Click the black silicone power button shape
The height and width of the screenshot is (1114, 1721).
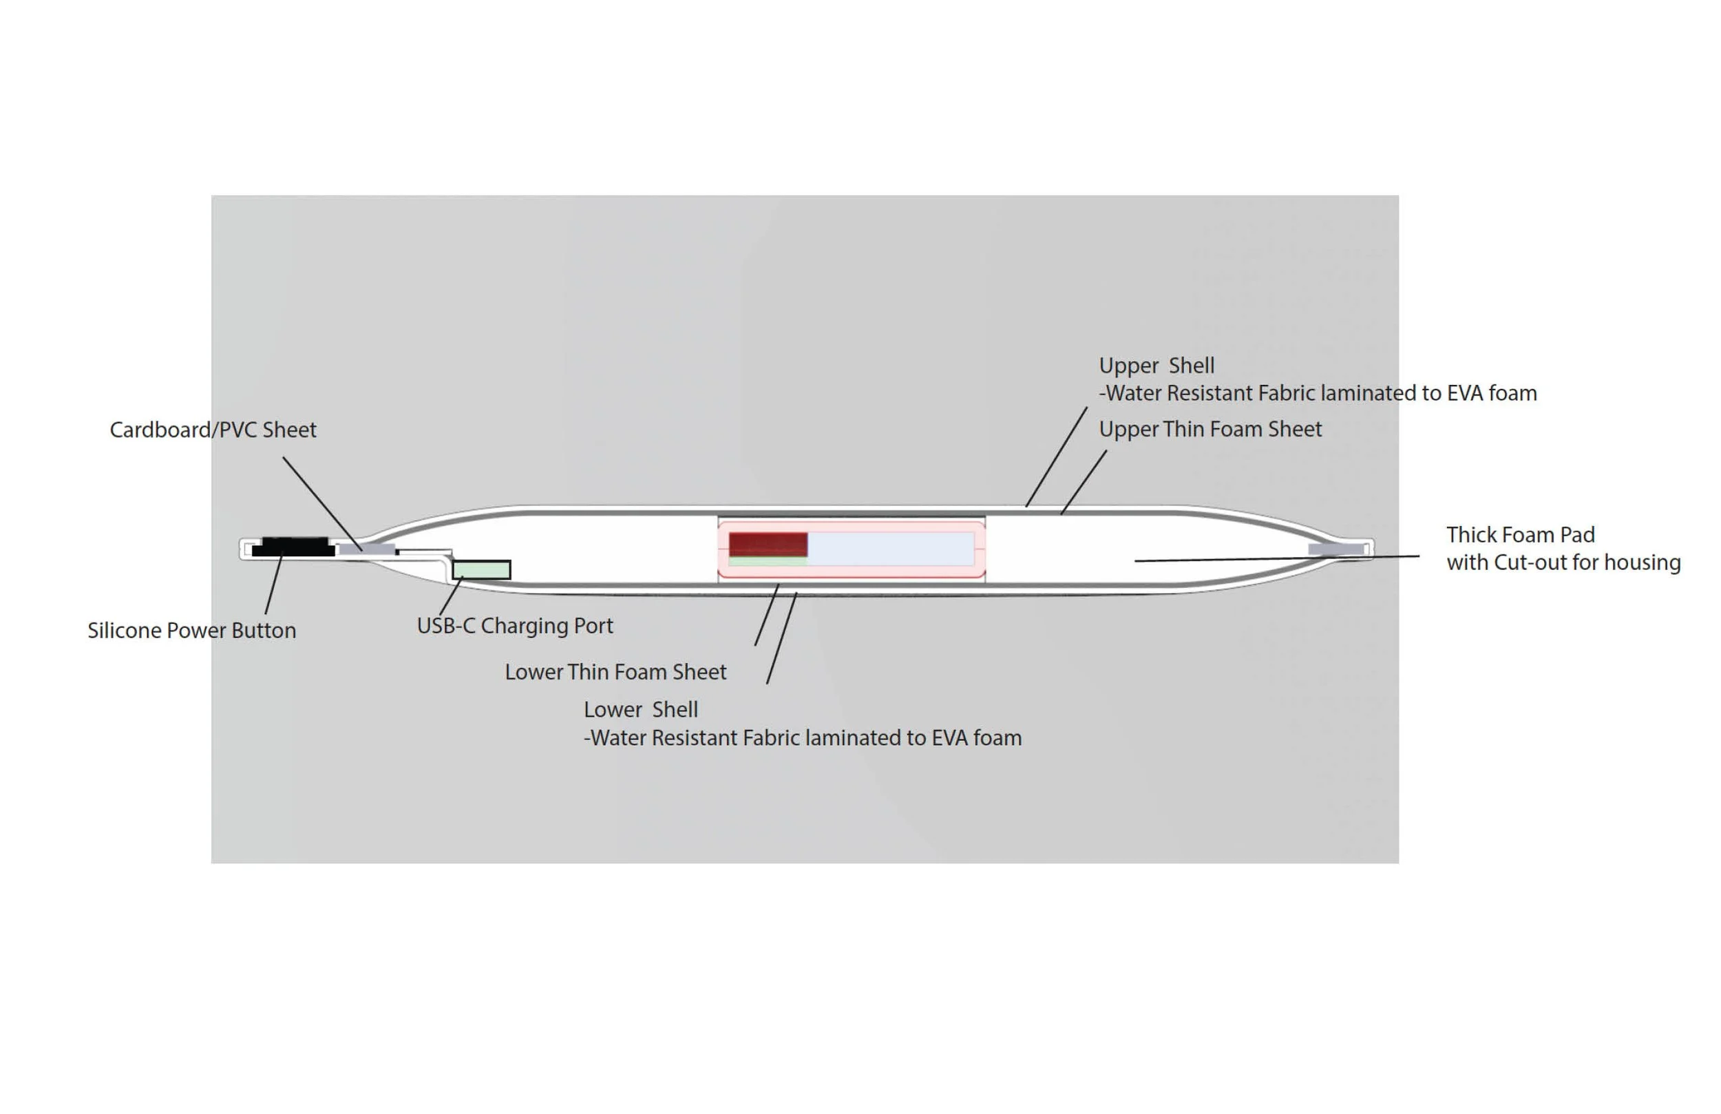tap(293, 547)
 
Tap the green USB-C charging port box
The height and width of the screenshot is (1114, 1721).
tap(482, 570)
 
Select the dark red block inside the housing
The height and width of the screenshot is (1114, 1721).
tap(768, 544)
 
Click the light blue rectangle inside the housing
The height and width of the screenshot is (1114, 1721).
tap(891, 549)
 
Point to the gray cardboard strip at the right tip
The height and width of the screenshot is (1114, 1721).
tap(1336, 549)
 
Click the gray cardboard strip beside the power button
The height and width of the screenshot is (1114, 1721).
tap(368, 549)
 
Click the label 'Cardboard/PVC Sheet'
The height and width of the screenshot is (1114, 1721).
tap(213, 430)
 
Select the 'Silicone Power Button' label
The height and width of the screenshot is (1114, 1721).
tap(191, 631)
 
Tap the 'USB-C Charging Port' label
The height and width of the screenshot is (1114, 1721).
tap(515, 626)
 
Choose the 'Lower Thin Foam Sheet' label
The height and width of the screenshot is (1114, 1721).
tap(615, 672)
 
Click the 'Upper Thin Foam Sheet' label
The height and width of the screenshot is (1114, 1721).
tap(1210, 430)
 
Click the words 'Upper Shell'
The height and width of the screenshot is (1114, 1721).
tap(1157, 366)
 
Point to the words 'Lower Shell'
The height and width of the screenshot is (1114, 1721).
tap(641, 710)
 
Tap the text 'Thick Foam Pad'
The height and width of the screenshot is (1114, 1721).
tap(1520, 535)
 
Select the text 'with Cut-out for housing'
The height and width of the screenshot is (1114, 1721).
tap(1563, 563)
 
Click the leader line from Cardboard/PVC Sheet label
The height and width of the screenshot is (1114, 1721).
tap(321, 503)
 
